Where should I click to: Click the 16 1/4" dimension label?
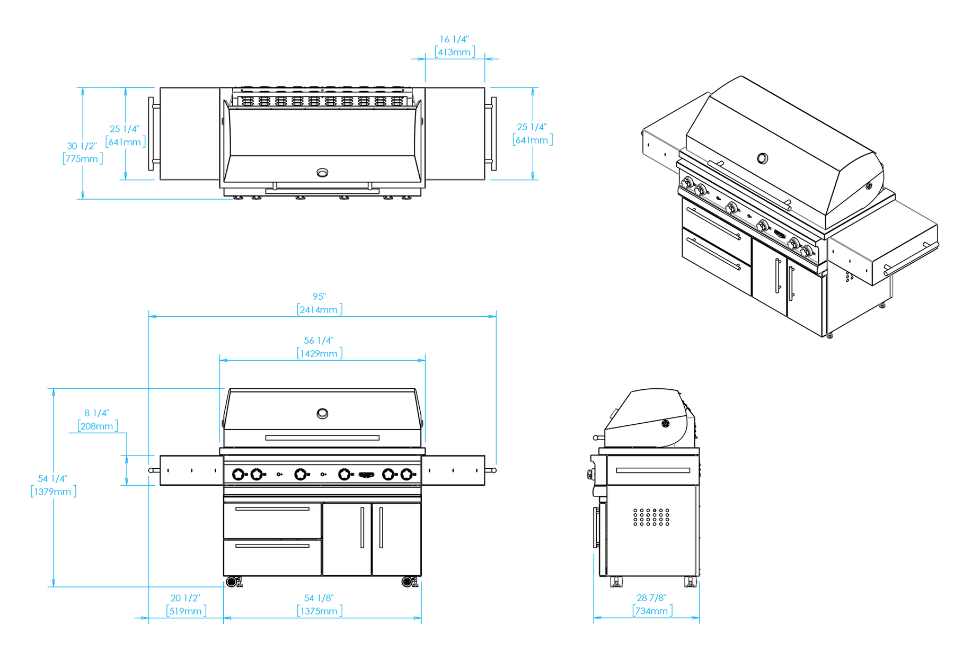coord(454,40)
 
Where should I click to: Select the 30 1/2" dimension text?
coord(82,146)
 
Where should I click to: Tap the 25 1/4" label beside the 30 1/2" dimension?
coord(125,129)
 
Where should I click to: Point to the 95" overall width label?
coord(319,297)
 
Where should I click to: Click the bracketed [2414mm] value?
coord(319,309)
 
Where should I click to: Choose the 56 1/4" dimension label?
coord(319,340)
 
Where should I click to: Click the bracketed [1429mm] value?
coord(319,352)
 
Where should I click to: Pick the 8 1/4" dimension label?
coord(97,413)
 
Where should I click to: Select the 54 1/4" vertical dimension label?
coord(52,479)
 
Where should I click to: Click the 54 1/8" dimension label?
coord(319,598)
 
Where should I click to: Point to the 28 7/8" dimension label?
coord(651,598)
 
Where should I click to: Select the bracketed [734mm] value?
coord(652,611)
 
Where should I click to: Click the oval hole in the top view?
coord(322,173)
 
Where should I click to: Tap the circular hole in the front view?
coord(322,414)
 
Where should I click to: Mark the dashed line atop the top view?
coord(322,91)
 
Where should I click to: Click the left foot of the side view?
coord(616,582)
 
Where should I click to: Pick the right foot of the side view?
coord(690,582)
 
